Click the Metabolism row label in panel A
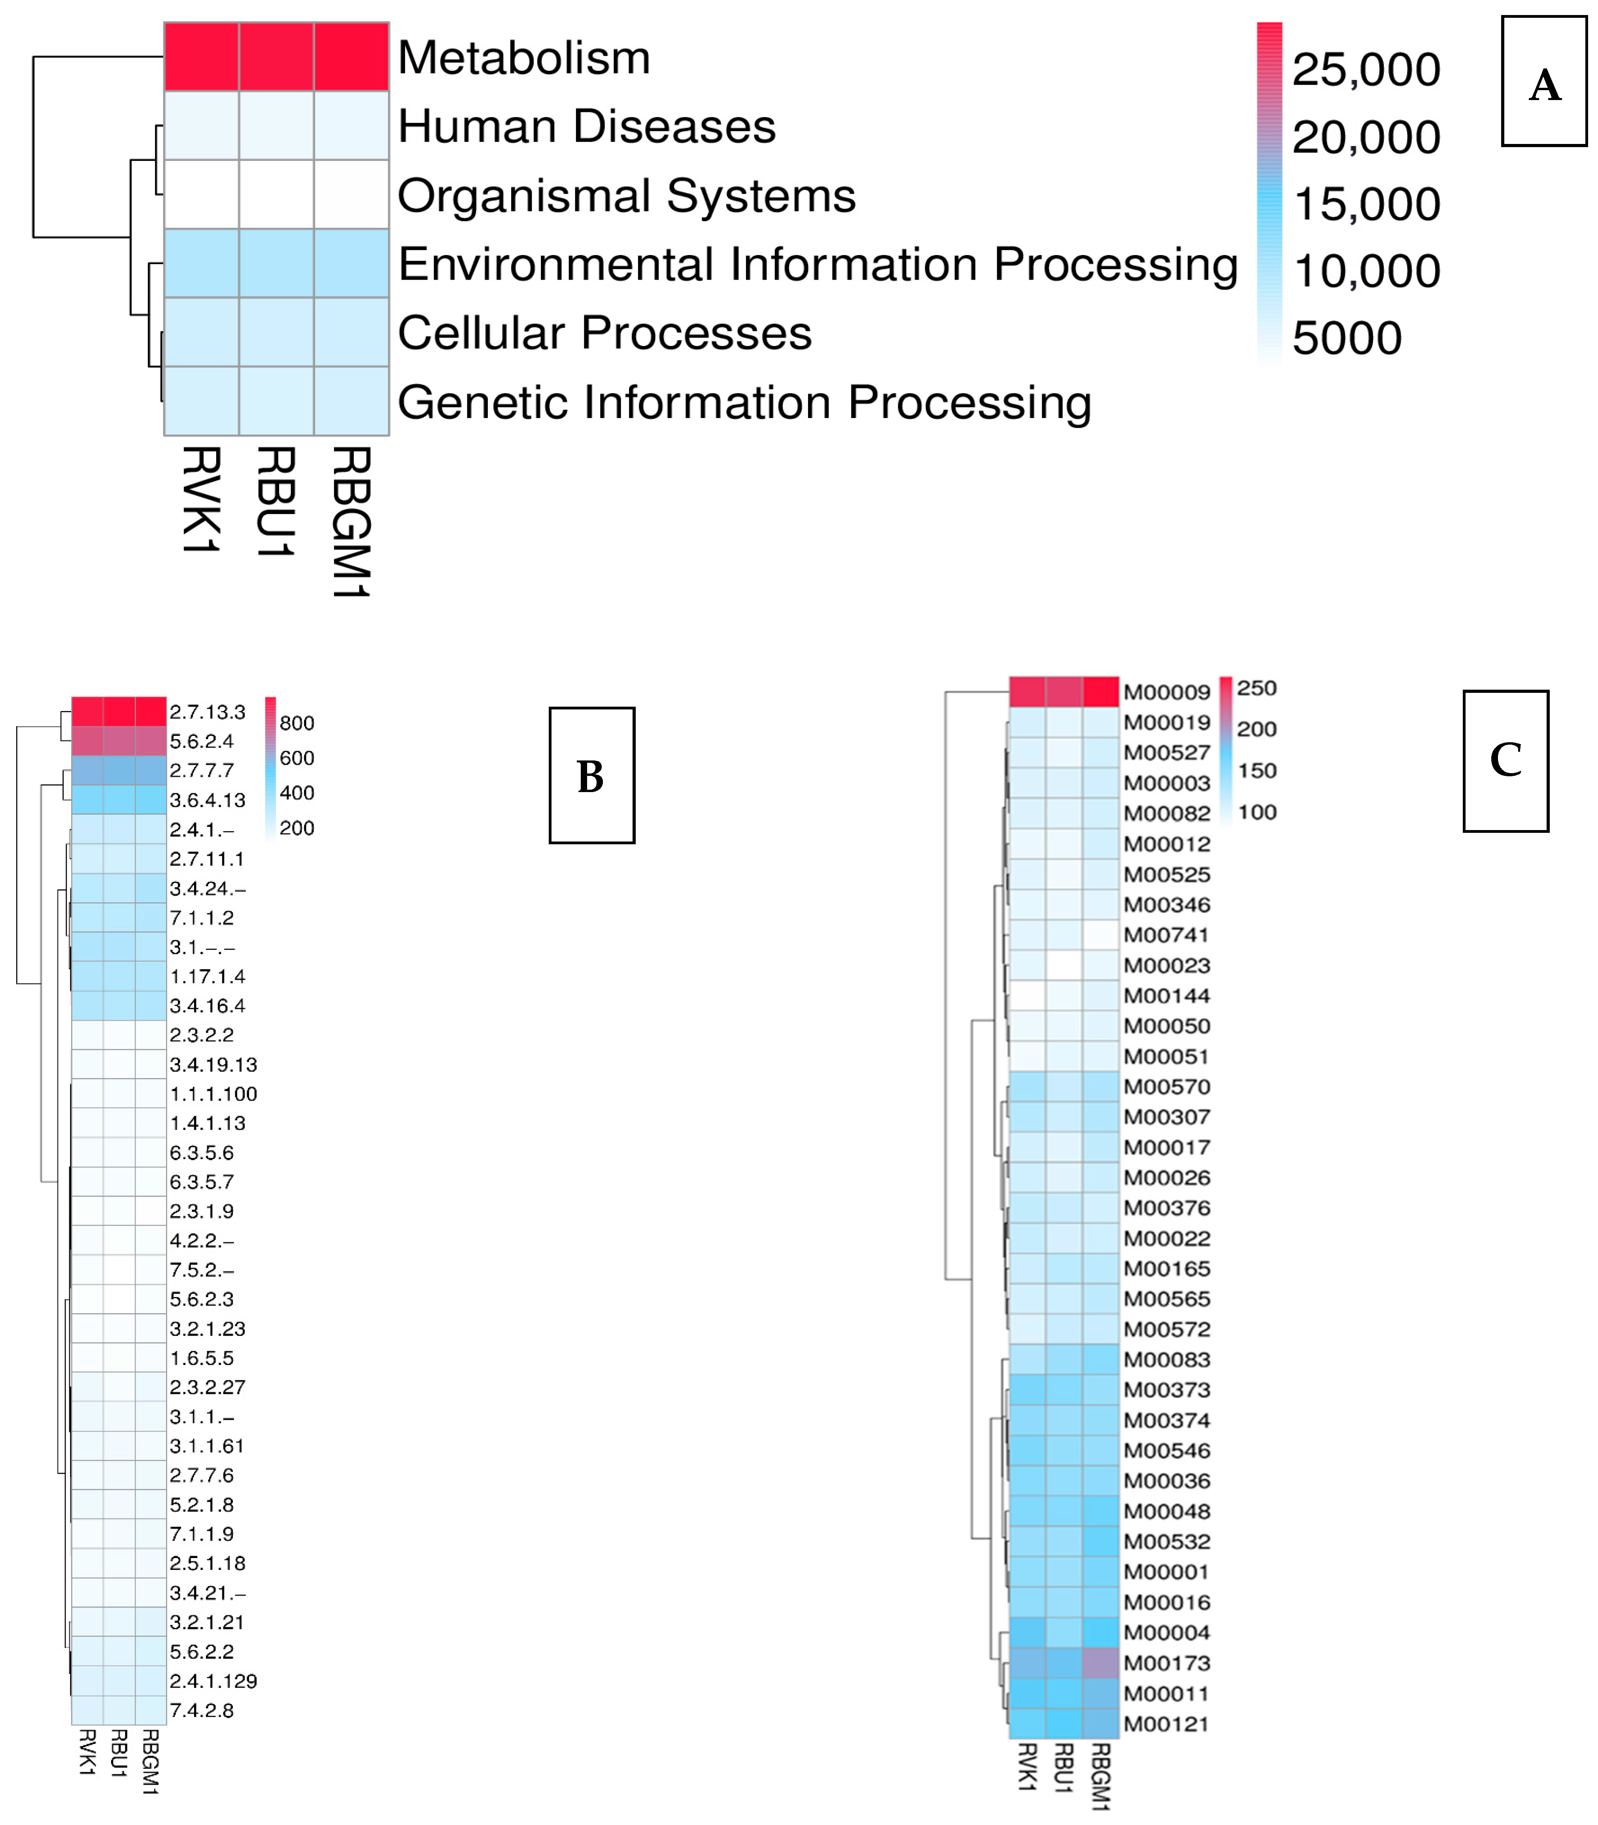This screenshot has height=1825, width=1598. (x=523, y=58)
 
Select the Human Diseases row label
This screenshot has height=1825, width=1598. (x=586, y=127)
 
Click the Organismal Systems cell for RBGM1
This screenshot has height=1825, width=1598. (x=351, y=195)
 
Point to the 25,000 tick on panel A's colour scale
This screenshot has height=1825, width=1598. (x=1365, y=70)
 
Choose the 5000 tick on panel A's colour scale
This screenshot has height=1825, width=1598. (x=1347, y=338)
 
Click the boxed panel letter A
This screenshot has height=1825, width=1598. (x=1543, y=84)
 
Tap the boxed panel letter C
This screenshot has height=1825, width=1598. (x=1505, y=760)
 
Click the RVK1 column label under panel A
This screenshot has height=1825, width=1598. (x=202, y=499)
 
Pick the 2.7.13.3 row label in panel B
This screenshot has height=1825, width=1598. (x=207, y=712)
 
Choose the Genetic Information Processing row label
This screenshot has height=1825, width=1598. (x=744, y=402)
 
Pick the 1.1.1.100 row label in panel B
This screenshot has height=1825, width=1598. (x=213, y=1093)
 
